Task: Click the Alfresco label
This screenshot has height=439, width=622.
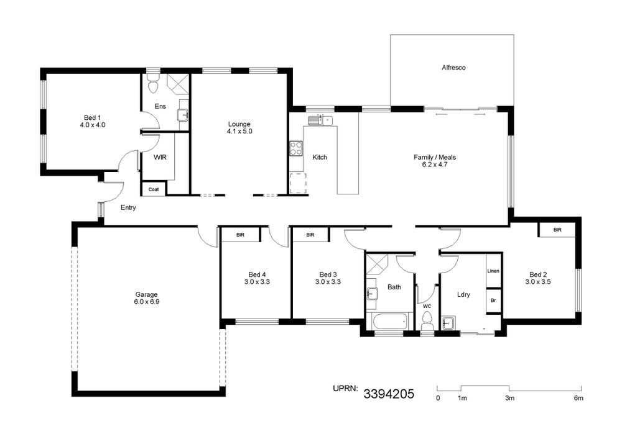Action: point(453,68)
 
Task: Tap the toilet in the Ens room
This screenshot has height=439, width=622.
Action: point(153,84)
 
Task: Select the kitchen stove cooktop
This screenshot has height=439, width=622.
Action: point(295,148)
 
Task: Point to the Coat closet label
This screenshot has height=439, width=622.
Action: point(154,189)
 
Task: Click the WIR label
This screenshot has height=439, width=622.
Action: point(160,158)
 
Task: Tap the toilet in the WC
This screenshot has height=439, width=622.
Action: point(427,321)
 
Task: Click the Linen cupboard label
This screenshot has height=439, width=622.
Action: point(493,271)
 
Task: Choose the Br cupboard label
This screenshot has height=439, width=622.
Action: point(493,301)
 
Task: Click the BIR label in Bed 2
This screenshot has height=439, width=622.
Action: point(557,230)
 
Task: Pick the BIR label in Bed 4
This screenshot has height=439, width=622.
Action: point(240,235)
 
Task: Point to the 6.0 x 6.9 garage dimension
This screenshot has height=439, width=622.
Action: point(147,302)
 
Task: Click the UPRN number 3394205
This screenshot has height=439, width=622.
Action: point(389,394)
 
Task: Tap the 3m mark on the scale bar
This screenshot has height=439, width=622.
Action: point(509,398)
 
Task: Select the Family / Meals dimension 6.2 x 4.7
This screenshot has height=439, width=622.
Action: point(435,165)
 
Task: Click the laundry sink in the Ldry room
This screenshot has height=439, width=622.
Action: point(449,323)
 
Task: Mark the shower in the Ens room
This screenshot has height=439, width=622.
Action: point(178,84)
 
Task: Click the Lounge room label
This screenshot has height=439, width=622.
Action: point(239,124)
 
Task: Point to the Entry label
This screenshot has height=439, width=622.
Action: point(128,208)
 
